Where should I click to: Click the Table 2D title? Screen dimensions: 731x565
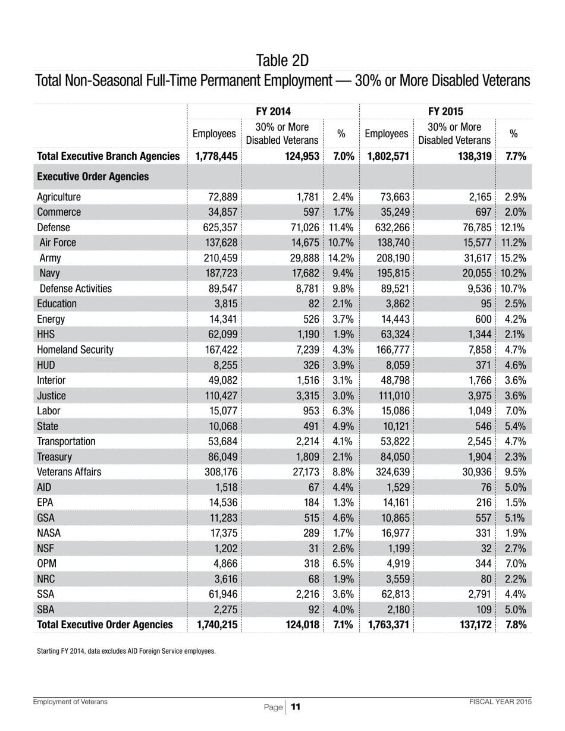[x=282, y=61]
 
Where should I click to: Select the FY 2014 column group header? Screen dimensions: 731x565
[x=273, y=111]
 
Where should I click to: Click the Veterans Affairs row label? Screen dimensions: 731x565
[x=69, y=472]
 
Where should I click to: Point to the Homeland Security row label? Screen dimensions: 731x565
[x=75, y=349]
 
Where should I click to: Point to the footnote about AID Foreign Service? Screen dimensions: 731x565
[x=126, y=651]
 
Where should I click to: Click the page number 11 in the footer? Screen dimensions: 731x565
[x=296, y=707]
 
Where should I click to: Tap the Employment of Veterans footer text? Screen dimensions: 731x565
[x=70, y=702]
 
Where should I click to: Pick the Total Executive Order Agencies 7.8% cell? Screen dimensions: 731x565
[x=516, y=625]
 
